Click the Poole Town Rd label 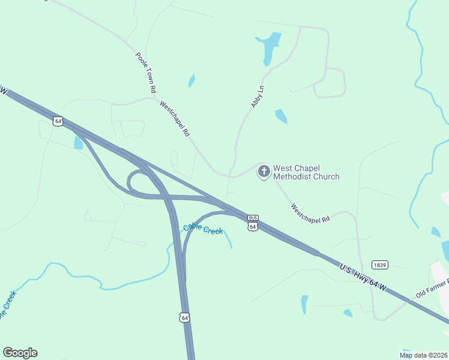[x=146, y=72]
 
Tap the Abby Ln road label [x=258, y=97]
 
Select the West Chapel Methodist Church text [x=306, y=172]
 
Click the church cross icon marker [x=264, y=172]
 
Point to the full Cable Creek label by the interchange [x=203, y=229]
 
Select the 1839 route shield [x=379, y=265]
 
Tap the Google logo [x=20, y=353]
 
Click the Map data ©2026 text [x=424, y=355]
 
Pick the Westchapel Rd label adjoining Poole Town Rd [x=175, y=118]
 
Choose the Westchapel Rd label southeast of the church [x=310, y=213]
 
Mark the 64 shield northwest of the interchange [x=58, y=121]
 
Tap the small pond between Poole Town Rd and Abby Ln [x=191, y=80]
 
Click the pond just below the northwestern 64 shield [x=78, y=143]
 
